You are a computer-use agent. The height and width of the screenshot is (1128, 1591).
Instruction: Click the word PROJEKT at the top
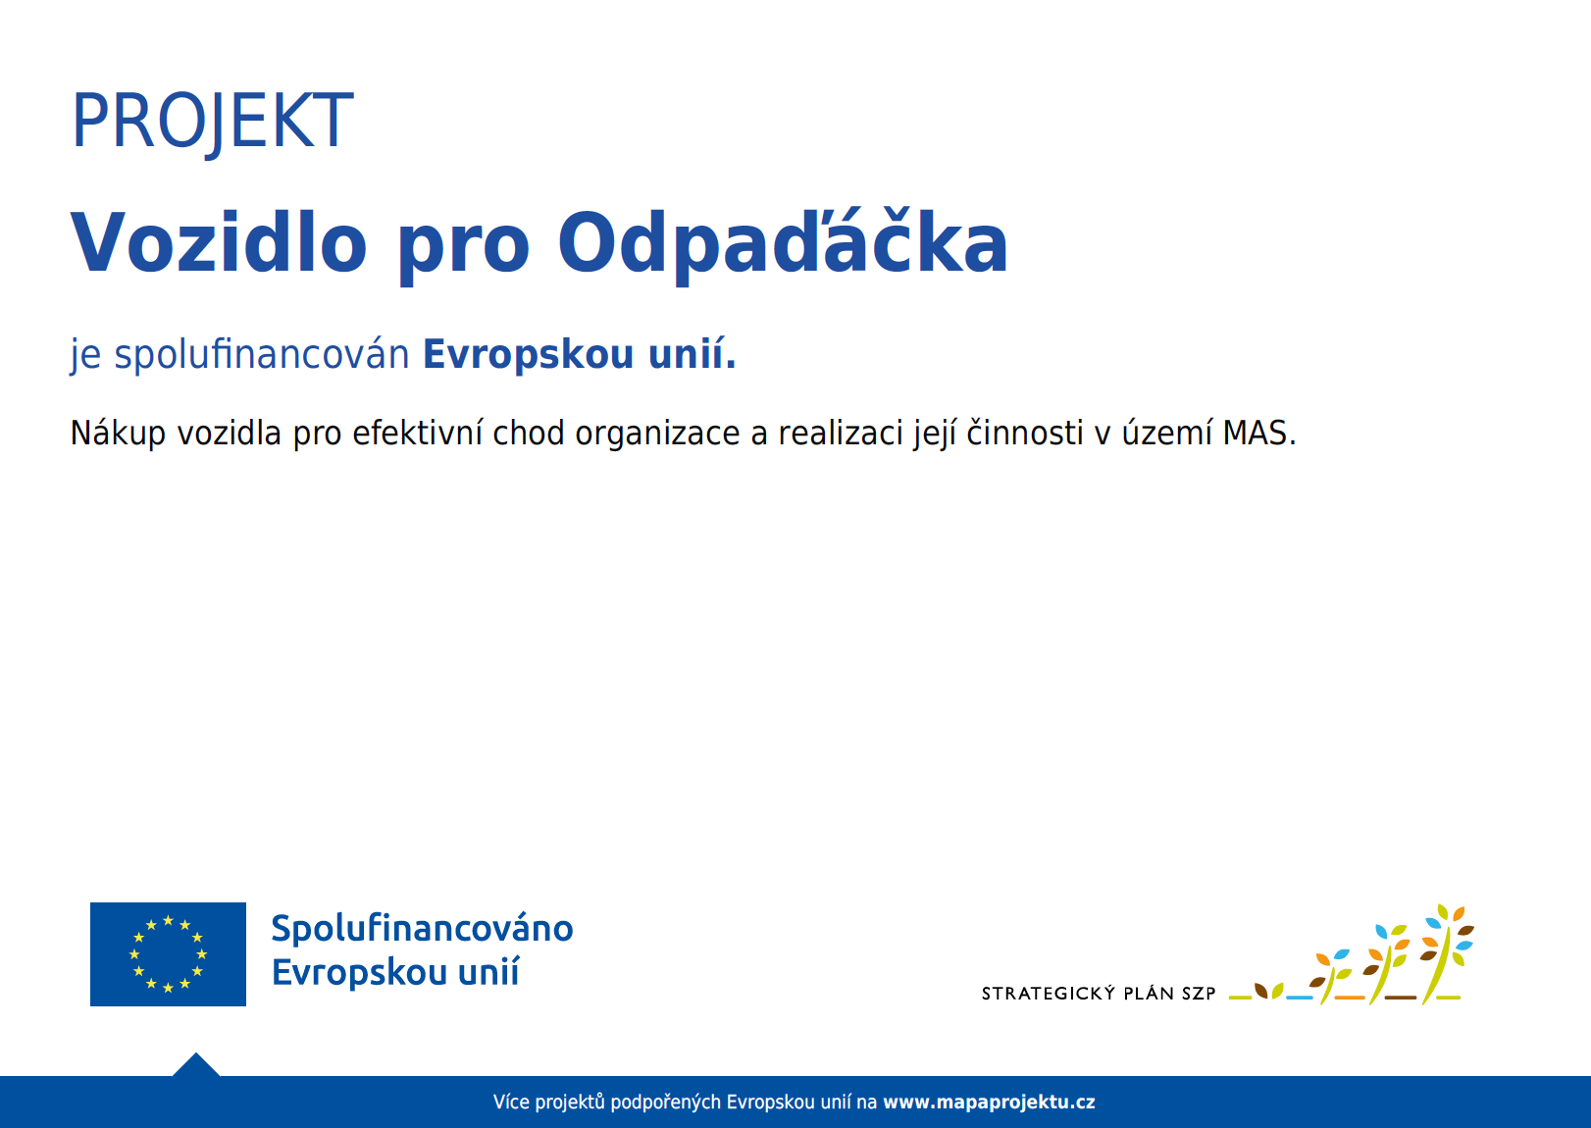(x=212, y=122)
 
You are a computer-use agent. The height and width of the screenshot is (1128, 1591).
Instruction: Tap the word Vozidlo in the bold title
(x=219, y=242)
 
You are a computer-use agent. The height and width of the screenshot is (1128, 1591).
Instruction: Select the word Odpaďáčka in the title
(x=783, y=242)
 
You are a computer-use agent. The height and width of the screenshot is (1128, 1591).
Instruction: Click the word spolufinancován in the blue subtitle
(x=261, y=355)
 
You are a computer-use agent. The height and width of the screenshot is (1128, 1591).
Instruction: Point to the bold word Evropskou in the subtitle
(x=528, y=355)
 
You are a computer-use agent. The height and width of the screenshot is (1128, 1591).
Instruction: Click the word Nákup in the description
(x=118, y=434)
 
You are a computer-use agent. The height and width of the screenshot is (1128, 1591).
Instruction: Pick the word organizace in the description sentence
(x=657, y=434)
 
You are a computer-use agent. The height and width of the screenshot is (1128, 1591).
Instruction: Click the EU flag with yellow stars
(x=168, y=954)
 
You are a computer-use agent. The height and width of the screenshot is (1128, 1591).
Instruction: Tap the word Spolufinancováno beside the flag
(x=422, y=929)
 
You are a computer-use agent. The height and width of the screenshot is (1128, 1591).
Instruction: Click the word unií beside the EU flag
(x=488, y=973)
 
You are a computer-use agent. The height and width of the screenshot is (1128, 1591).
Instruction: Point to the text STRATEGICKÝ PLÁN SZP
(x=1099, y=994)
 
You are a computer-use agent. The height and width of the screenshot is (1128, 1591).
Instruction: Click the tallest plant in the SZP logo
(x=1447, y=951)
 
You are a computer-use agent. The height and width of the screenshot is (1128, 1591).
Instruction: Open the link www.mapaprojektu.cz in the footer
(x=989, y=1102)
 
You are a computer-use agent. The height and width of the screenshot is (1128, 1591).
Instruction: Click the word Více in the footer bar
(x=510, y=1102)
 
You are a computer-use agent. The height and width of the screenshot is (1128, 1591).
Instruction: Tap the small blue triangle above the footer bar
(x=196, y=1065)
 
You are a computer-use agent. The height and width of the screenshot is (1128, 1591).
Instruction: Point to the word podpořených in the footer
(x=666, y=1102)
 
